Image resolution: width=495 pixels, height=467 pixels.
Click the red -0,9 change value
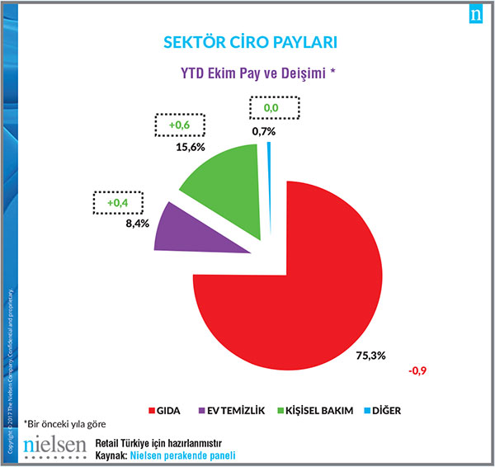point(417,370)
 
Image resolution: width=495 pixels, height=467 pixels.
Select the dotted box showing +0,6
point(181,125)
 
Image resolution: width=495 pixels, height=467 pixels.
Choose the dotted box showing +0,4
point(115,201)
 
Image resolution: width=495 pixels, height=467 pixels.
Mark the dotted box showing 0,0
point(271,107)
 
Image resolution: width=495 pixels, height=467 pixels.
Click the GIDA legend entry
point(165,410)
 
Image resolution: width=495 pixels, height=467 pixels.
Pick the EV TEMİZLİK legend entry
point(231,410)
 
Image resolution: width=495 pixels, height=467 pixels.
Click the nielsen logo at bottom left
point(54,446)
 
